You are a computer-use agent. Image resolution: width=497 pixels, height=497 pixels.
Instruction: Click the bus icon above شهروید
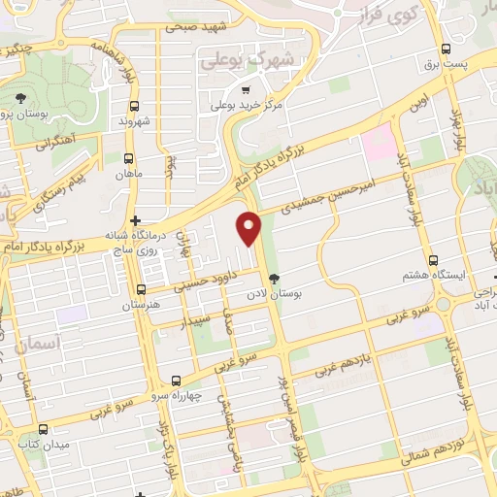pyautogui.click(x=132, y=108)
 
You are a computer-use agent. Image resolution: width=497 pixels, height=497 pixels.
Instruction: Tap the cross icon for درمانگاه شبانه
pyautogui.click(x=136, y=221)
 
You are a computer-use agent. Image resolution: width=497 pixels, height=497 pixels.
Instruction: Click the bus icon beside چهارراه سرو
pyautogui.click(x=175, y=381)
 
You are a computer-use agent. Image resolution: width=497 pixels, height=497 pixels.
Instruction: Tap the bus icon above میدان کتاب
pyautogui.click(x=42, y=429)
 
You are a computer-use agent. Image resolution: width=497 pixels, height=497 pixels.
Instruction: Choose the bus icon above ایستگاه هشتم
pyautogui.click(x=433, y=260)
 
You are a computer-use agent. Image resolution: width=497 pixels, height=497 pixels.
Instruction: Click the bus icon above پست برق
pyautogui.click(x=446, y=49)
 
